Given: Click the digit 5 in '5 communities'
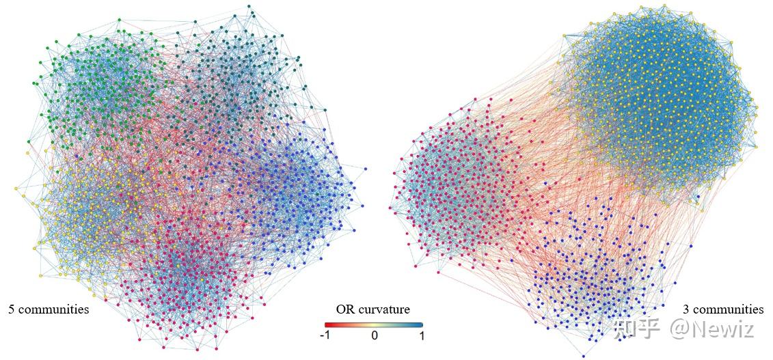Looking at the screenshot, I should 11,309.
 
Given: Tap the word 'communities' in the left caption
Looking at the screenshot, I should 53,309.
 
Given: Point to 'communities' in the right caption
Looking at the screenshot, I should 729,309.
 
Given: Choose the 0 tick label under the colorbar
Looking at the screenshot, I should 374,336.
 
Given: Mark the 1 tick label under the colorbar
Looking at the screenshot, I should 421,336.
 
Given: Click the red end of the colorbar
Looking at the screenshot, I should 327,324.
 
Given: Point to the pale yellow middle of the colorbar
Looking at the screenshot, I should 374,324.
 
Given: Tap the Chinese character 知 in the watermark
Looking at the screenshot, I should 626,329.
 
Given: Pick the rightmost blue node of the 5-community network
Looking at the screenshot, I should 366,168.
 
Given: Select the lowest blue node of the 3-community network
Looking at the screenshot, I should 583,356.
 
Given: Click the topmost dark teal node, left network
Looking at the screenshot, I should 249,6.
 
